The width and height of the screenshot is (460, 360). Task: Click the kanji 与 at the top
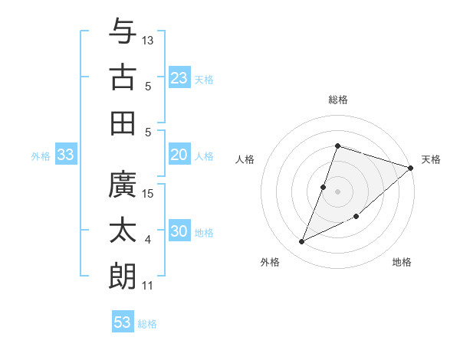tap(123, 32)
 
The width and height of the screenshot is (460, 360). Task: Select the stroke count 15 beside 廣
tap(149, 193)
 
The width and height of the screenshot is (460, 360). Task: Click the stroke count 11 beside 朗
tap(148, 286)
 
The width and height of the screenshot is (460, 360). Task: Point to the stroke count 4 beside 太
tap(148, 240)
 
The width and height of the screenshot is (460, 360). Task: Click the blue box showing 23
tap(179, 78)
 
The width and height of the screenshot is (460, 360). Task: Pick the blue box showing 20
tap(179, 155)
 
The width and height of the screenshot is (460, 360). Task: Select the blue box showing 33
tap(65, 155)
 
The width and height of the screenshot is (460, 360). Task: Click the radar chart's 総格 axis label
tap(337, 100)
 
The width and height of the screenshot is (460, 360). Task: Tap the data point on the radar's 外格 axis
tap(301, 242)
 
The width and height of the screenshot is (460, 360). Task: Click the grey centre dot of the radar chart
tap(337, 191)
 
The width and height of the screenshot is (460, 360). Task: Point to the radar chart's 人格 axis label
tap(245, 159)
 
